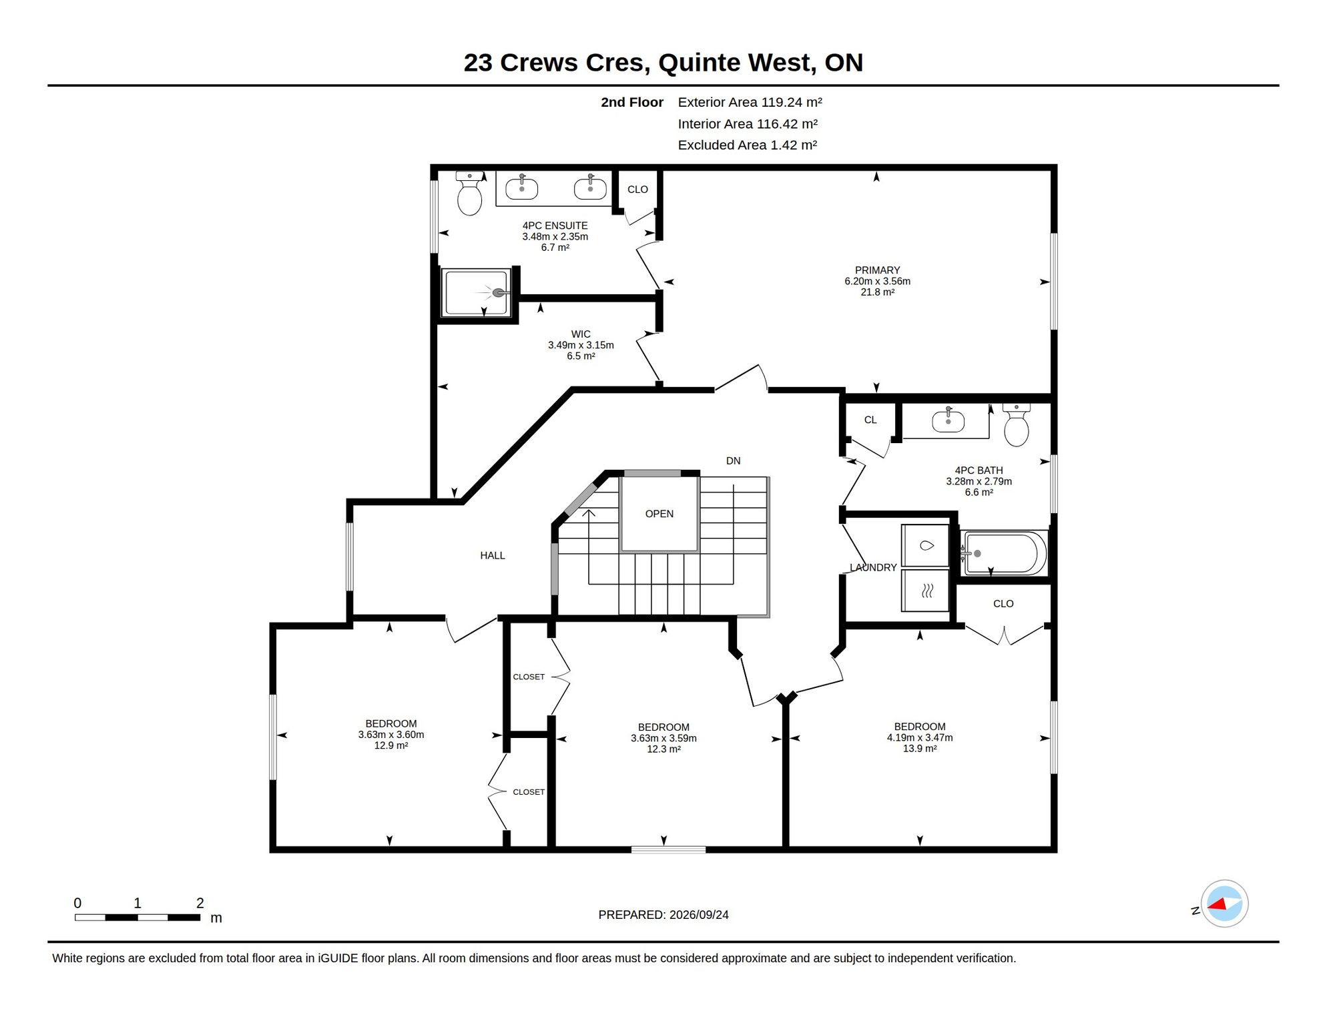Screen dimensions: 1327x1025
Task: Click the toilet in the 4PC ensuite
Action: click(469, 194)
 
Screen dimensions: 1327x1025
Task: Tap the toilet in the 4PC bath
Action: click(1016, 425)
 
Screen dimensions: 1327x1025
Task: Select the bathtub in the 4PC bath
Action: click(1003, 553)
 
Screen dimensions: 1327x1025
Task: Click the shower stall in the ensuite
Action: click(476, 292)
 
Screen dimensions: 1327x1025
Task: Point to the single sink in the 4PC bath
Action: click(948, 420)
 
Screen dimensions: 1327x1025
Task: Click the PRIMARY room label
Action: click(877, 270)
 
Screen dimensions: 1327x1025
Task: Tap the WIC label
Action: click(581, 334)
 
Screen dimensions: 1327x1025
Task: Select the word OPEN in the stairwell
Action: click(659, 514)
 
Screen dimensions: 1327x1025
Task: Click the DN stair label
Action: click(733, 461)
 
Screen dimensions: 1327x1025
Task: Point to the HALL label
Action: click(493, 555)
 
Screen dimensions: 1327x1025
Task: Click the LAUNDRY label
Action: click(873, 568)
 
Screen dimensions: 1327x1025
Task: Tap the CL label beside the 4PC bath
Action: click(870, 420)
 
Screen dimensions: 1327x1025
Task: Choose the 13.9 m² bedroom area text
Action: click(920, 749)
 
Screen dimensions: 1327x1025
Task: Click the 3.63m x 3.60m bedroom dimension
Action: click(391, 735)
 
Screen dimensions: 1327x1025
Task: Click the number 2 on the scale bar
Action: click(200, 903)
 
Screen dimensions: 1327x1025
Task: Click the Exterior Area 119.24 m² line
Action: click(750, 102)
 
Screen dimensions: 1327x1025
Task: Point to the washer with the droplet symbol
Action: click(925, 546)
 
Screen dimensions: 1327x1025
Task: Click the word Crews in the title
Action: click(539, 63)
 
